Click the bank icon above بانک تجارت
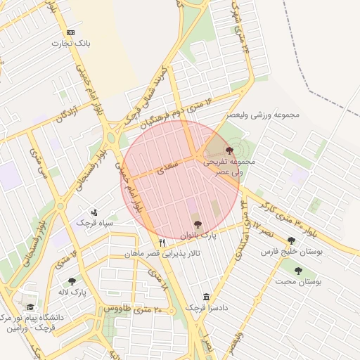tap(70, 32)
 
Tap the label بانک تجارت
tap(72, 44)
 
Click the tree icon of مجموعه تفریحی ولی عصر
tap(230, 150)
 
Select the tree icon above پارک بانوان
tap(197, 224)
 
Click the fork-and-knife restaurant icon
tap(162, 243)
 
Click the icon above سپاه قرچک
tap(96, 212)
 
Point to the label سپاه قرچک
tap(98, 223)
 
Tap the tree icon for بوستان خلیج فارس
tap(291, 240)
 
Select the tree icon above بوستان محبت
tap(298, 270)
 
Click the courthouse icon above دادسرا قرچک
tap(205, 297)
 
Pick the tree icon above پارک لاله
tap(72, 281)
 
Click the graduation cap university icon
tap(30, 307)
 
